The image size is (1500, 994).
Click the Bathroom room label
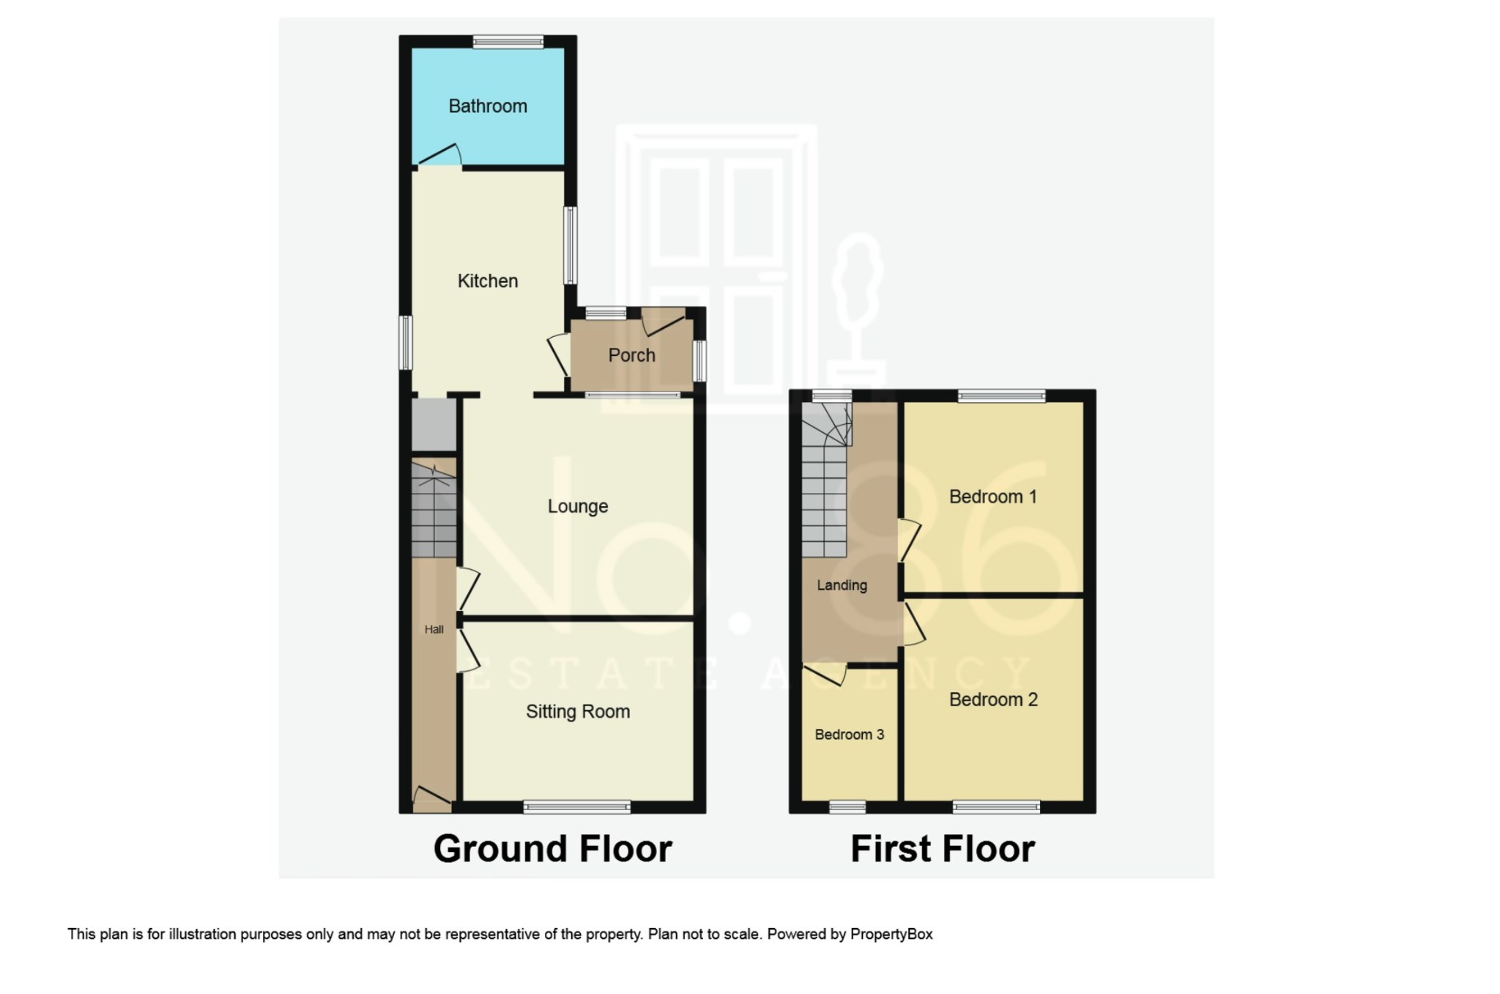[x=488, y=106]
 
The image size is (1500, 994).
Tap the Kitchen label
[x=488, y=281]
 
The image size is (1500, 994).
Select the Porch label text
[x=631, y=355]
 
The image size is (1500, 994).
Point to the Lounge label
[x=578, y=506]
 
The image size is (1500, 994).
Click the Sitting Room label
[x=578, y=711]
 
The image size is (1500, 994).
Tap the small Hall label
[x=434, y=629]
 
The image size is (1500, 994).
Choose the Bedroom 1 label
[x=992, y=497]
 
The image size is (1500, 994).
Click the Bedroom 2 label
[x=993, y=700]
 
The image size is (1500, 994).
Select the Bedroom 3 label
[x=850, y=735]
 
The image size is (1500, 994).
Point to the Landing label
[x=842, y=585]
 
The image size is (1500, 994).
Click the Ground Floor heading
[x=552, y=849]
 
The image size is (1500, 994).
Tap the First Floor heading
[x=943, y=849]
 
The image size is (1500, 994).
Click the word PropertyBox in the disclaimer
[x=891, y=934]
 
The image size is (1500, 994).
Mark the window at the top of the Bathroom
[x=508, y=42]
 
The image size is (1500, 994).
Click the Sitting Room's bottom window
[x=577, y=807]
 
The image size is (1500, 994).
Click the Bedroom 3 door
[x=825, y=674]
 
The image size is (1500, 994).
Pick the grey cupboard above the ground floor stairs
[x=434, y=425]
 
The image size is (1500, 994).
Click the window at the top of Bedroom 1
[x=1001, y=396]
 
